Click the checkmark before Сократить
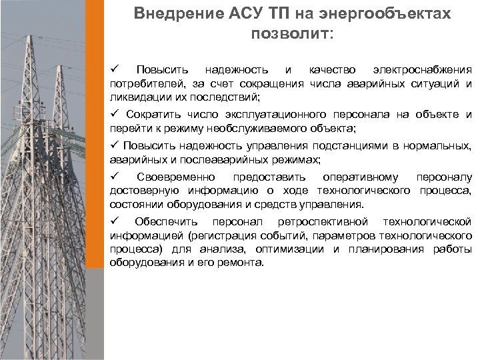[113, 114]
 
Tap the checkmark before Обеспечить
[113, 221]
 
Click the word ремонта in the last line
[245, 263]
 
